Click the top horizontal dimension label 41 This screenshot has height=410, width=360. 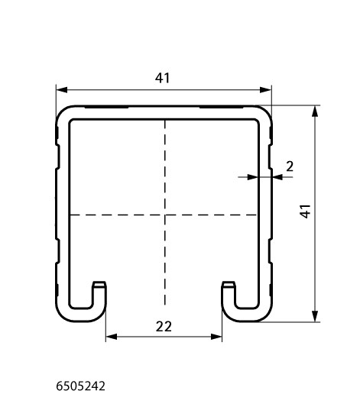(x=162, y=78)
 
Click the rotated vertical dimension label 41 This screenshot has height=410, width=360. (x=305, y=211)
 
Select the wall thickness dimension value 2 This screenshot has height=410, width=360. (x=290, y=166)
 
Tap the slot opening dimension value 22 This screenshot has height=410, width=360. (x=164, y=327)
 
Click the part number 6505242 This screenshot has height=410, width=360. (x=81, y=386)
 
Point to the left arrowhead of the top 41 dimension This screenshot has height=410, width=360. (x=62, y=90)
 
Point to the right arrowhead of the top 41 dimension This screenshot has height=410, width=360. (x=265, y=90)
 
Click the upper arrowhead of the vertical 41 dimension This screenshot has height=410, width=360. (x=315, y=111)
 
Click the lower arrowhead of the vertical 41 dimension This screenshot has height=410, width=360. (x=315, y=316)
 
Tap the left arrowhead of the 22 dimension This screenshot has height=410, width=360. (x=112, y=337)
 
